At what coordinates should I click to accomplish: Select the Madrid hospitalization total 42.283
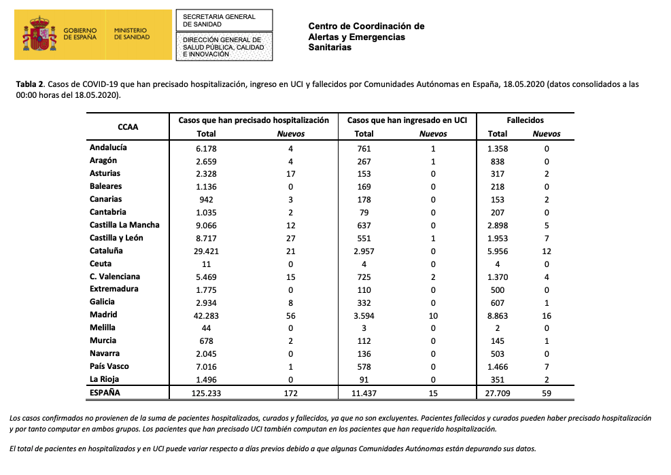click(x=206, y=315)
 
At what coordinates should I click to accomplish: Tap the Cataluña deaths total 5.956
click(x=498, y=251)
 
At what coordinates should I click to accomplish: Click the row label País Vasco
click(x=109, y=366)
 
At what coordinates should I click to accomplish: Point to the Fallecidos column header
click(x=524, y=120)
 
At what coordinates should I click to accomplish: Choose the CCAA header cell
click(x=128, y=126)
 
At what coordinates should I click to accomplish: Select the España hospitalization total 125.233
click(x=206, y=393)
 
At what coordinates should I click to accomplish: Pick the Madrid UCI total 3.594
click(x=364, y=315)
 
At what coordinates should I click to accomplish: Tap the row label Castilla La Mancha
click(x=124, y=225)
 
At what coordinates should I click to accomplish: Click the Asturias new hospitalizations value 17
click(x=290, y=173)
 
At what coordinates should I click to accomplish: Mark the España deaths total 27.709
click(x=498, y=393)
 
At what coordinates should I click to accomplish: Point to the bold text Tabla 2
click(x=30, y=84)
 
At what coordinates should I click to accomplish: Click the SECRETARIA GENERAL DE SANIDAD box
click(x=224, y=20)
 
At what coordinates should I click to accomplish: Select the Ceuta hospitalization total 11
click(x=206, y=264)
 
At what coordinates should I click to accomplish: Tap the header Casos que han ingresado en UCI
click(x=407, y=120)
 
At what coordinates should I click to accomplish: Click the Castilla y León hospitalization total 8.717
click(x=206, y=238)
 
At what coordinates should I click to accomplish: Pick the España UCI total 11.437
click(x=364, y=393)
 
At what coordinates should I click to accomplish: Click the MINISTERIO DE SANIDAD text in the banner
click(x=131, y=34)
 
